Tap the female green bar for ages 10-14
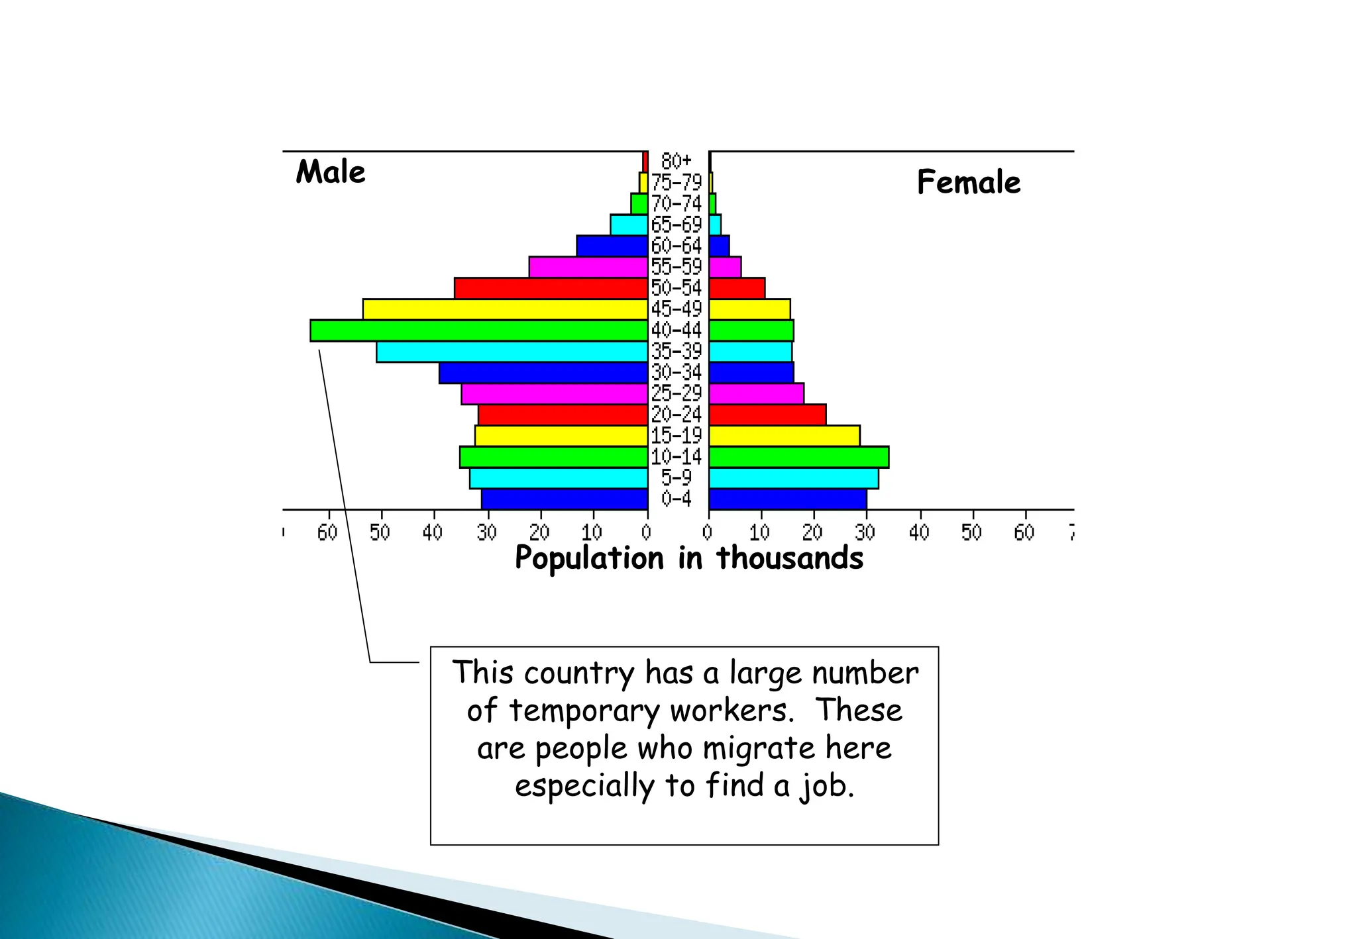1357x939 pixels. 798,457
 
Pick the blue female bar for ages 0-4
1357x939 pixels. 787,499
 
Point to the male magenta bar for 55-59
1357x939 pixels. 588,267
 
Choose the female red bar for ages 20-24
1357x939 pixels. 767,415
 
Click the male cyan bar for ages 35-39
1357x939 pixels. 512,352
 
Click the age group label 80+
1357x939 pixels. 676,161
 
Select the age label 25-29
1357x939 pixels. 676,393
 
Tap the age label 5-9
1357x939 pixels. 676,477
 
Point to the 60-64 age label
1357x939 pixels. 676,246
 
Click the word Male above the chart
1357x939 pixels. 331,172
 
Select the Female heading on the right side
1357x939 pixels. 968,182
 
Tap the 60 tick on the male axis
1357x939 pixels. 327,532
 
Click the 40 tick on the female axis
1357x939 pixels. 919,532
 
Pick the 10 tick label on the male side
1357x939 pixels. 592,532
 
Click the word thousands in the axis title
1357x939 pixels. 790,558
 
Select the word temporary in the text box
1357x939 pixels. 584,711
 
